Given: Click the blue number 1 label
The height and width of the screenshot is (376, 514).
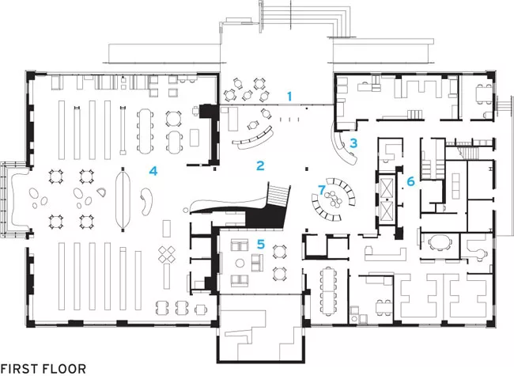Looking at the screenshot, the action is point(289,97).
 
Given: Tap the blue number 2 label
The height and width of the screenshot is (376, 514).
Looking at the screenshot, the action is point(260,165).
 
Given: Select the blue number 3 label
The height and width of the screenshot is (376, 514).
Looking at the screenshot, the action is point(353,143).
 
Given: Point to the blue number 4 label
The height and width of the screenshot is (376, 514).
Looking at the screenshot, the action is point(153,171).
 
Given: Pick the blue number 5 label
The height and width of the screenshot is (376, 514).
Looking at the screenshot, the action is point(261,244).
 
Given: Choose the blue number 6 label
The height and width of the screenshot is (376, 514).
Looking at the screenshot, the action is point(410,181).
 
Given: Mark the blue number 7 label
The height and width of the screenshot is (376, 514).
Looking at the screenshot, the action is point(322,189).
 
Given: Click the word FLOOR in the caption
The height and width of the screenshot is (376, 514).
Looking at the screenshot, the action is point(66,368).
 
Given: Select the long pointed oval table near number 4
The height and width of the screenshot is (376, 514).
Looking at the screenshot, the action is point(123,199).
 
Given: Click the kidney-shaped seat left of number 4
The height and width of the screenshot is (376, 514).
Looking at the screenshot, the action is point(147,201).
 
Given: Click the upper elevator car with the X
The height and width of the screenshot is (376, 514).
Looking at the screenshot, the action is point(387,188).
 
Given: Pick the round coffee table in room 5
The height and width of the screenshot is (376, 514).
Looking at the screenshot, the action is point(240,263).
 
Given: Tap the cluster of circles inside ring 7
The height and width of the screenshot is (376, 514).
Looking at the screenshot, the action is point(333,199).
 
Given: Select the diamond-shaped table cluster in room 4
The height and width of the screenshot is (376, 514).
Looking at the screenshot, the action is point(167,254).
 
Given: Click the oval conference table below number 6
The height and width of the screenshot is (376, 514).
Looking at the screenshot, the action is point(440,243).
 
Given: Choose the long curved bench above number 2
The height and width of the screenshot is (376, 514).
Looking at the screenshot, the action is point(254,140).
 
